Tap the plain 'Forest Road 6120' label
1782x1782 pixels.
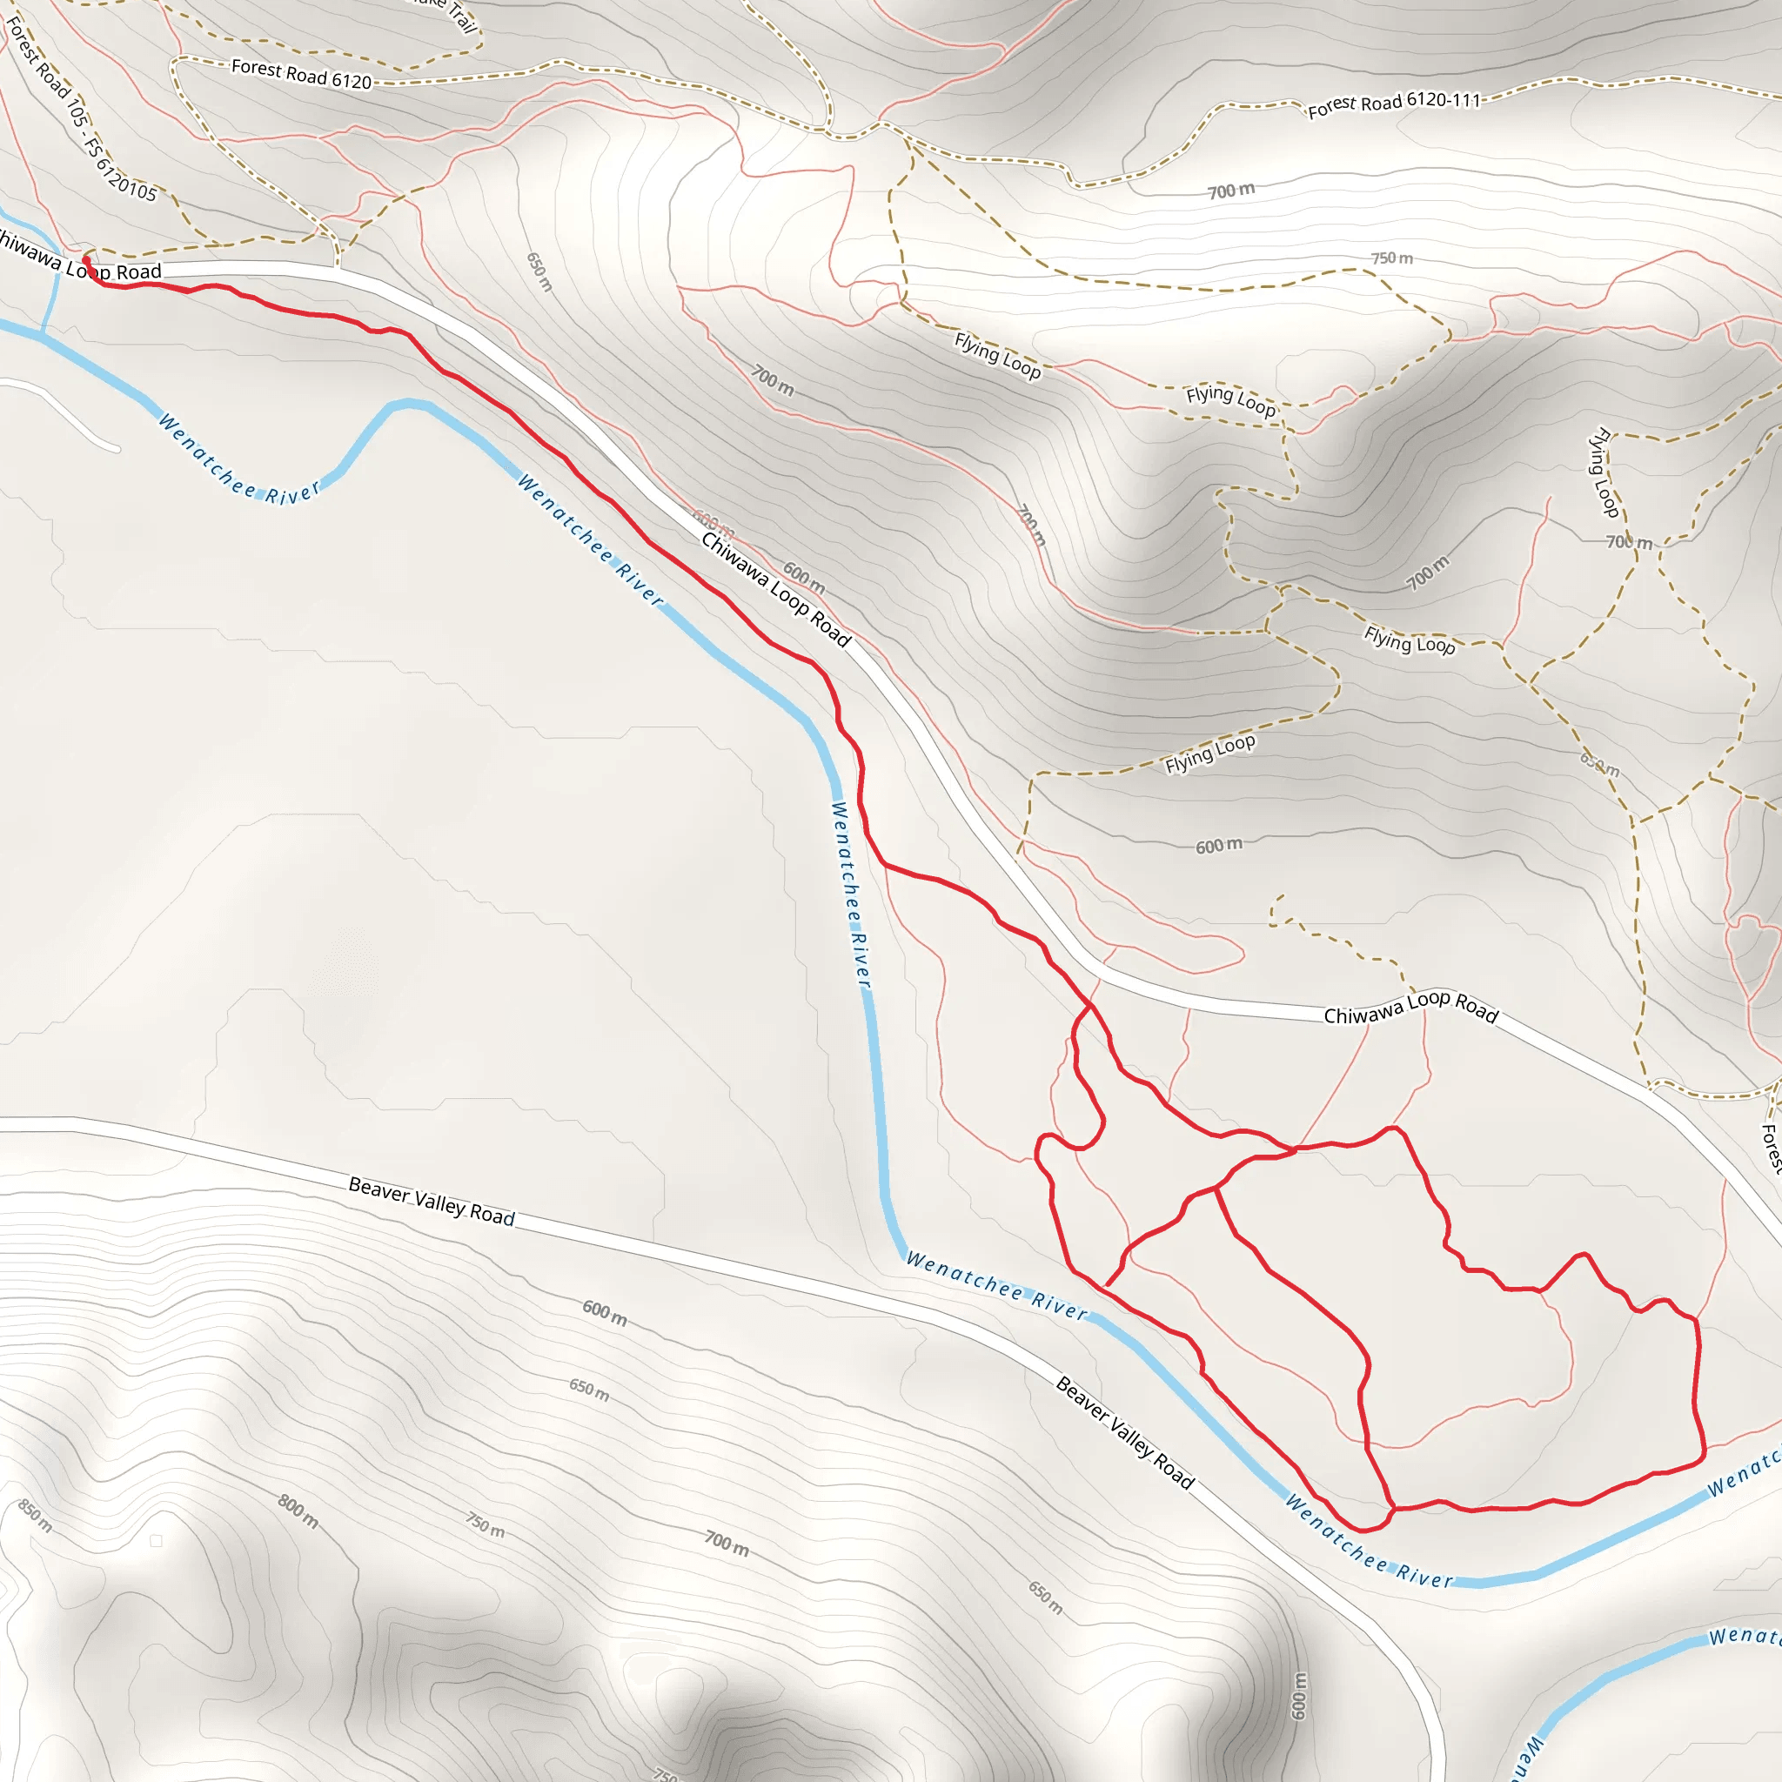[x=301, y=74]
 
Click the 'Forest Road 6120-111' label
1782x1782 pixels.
[x=1394, y=104]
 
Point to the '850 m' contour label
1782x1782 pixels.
[x=35, y=1516]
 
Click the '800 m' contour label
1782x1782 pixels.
[x=298, y=1511]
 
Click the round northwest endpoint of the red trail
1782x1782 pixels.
[x=86, y=261]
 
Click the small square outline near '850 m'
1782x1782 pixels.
[x=156, y=1541]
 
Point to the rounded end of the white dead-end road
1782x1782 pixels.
[x=117, y=449]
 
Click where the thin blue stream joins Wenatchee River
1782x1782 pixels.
[x=43, y=332]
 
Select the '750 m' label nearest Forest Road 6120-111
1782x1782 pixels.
[x=1391, y=258]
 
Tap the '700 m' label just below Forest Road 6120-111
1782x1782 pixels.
[x=1231, y=191]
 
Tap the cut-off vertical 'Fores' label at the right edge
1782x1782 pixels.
[x=1770, y=1149]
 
